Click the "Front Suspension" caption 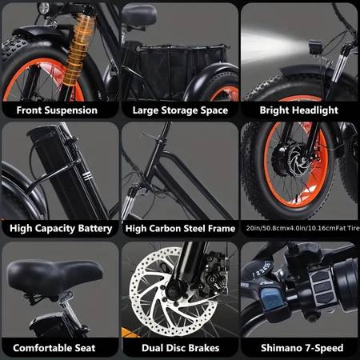[x=57, y=110]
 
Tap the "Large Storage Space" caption [x=180, y=110]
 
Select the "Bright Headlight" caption [x=298, y=110]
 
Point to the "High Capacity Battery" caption [x=61, y=229]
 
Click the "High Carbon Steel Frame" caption [x=180, y=229]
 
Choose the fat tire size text [x=302, y=228]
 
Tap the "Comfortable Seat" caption [x=54, y=348]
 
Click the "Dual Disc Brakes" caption [x=181, y=348]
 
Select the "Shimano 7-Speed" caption [x=302, y=348]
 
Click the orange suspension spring [x=78, y=48]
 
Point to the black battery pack [x=62, y=170]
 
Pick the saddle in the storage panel [x=139, y=15]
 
